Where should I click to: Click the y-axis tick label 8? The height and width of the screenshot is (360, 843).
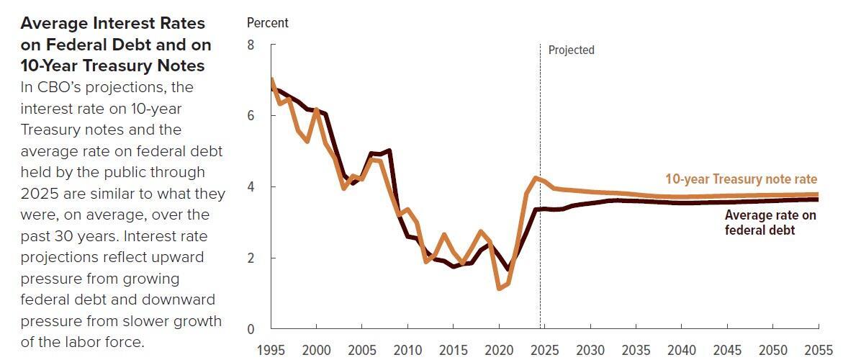(x=251, y=45)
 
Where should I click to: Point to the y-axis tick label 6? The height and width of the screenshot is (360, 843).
(x=251, y=116)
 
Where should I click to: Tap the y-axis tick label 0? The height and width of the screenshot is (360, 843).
(x=251, y=329)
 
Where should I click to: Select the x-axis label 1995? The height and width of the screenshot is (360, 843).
(x=271, y=350)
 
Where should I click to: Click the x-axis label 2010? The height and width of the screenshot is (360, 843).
(x=407, y=350)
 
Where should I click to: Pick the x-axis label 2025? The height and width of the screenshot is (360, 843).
(x=544, y=350)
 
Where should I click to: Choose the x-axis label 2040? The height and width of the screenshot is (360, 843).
(x=681, y=350)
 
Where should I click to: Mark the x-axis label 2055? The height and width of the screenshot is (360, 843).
(x=818, y=350)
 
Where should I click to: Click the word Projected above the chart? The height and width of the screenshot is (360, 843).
(x=571, y=50)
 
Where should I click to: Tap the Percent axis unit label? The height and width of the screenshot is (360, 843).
(x=267, y=23)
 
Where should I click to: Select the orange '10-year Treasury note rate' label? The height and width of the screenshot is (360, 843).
(x=741, y=179)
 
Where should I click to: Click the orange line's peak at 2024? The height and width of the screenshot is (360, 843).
(x=535, y=177)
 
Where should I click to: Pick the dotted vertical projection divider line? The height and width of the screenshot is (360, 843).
(x=540, y=216)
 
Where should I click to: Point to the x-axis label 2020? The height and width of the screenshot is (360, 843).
(x=498, y=350)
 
